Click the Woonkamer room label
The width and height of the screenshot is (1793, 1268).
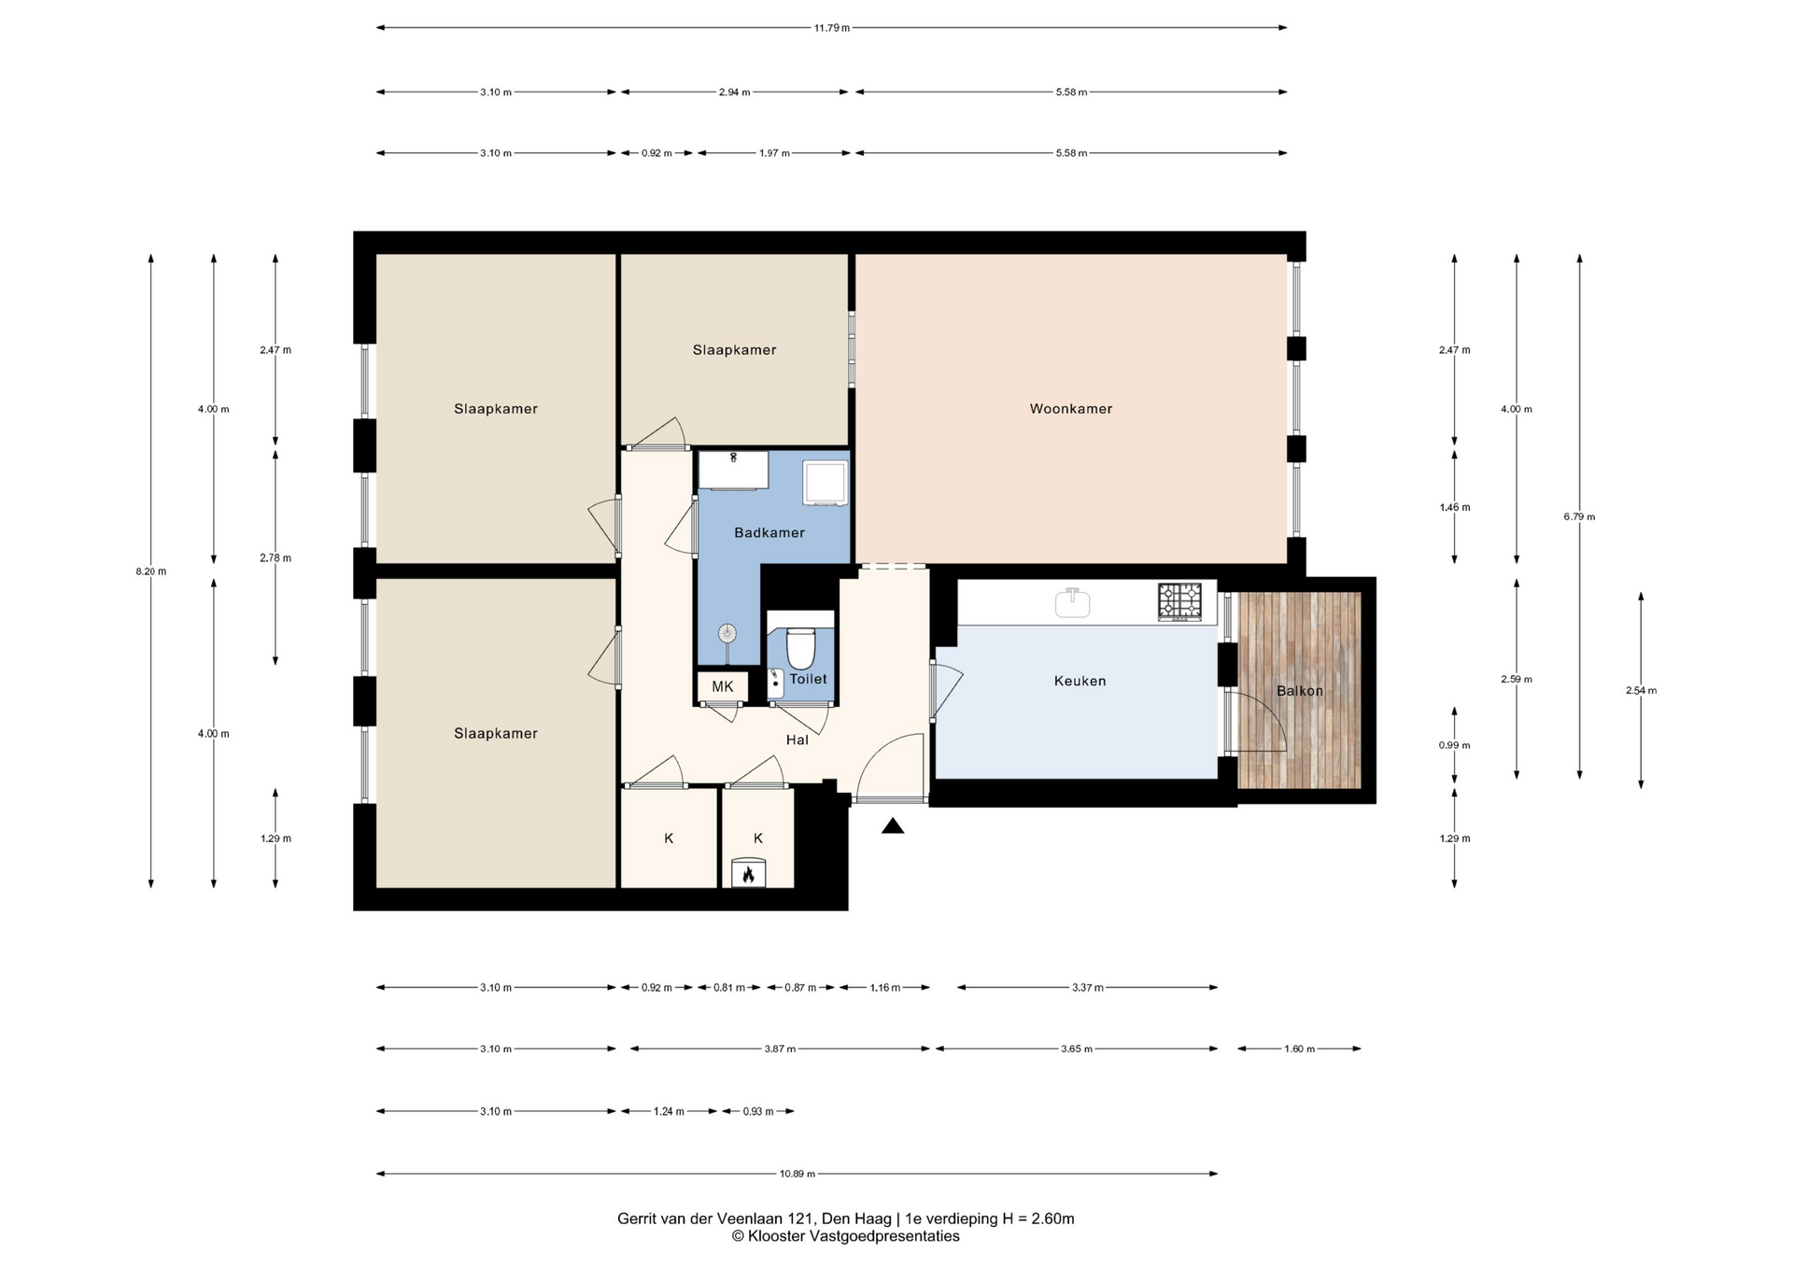coord(1070,409)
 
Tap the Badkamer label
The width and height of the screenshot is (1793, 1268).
coord(769,533)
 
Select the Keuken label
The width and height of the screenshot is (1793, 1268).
coord(1080,682)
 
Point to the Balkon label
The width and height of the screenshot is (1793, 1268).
coord(1300,691)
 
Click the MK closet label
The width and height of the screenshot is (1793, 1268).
coord(723,687)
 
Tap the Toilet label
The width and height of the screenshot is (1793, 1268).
coord(809,680)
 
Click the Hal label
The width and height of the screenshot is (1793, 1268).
coord(798,740)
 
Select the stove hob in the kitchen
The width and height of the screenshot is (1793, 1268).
coord(1180,602)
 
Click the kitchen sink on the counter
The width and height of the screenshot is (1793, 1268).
coord(1073,603)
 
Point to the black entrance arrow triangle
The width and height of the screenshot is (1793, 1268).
coord(893,825)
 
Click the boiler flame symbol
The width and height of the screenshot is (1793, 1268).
coord(748,875)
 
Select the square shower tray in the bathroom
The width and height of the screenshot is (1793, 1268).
coord(825,483)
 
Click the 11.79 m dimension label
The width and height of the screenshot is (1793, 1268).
coord(832,28)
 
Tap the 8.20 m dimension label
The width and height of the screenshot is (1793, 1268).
coord(151,571)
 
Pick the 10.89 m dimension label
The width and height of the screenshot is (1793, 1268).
coord(798,1174)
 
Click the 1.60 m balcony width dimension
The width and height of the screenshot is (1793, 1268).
coord(1299,1049)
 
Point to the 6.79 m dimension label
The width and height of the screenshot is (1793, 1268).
coord(1579,516)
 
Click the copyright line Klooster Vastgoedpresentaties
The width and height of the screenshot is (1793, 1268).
coord(845,1236)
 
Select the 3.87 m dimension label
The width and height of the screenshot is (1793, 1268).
coord(780,1049)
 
